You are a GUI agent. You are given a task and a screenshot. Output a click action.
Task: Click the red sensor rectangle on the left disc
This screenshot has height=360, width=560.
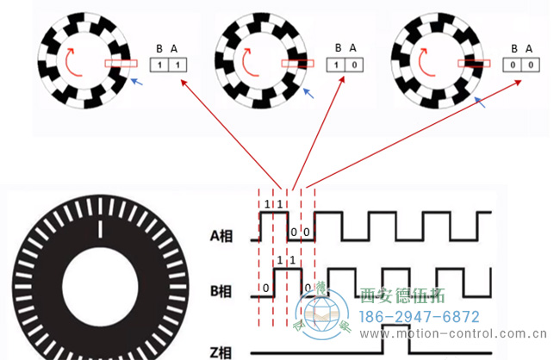pyautogui.click(x=121, y=63)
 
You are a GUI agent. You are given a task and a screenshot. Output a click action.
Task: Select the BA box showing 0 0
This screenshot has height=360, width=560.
pyautogui.click(x=522, y=65)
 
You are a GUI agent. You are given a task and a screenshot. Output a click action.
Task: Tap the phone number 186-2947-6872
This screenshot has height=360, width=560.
pyautogui.click(x=419, y=317)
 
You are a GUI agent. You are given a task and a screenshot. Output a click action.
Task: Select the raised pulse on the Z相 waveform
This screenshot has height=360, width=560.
pyautogui.click(x=394, y=340)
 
